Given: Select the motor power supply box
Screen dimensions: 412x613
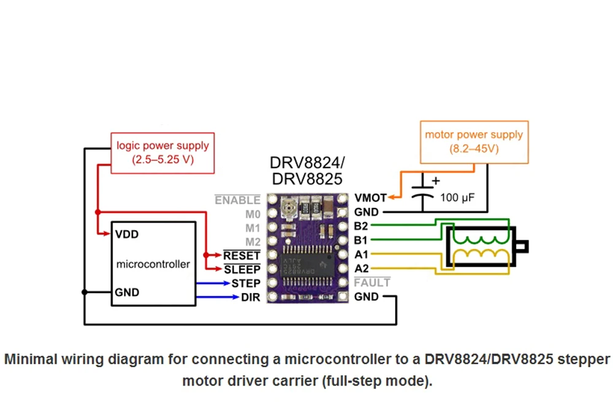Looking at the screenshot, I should click(x=474, y=142).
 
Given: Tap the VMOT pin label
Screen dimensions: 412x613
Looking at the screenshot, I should click(x=370, y=198).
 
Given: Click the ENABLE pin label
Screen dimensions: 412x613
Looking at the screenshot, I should click(x=237, y=200).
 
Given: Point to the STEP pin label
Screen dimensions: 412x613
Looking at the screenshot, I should click(x=246, y=283).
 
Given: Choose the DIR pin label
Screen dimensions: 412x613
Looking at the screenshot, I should click(x=251, y=297).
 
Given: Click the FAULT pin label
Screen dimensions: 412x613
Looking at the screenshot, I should click(x=372, y=283).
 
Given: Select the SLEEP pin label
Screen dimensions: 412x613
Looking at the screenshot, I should click(x=242, y=269).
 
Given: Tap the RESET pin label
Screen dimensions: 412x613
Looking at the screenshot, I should click(x=242, y=255).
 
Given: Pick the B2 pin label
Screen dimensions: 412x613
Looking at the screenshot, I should click(x=361, y=226).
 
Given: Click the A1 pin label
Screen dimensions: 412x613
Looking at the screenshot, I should click(x=361, y=254).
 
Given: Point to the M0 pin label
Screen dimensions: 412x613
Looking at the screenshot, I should click(x=253, y=215).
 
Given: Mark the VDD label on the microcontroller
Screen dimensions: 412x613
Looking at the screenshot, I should click(x=127, y=234).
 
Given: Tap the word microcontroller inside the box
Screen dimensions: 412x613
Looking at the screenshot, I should click(x=153, y=264).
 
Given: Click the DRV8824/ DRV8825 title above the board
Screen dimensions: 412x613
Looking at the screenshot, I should click(x=307, y=171).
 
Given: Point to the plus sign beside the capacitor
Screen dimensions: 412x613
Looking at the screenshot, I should click(x=436, y=181).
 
